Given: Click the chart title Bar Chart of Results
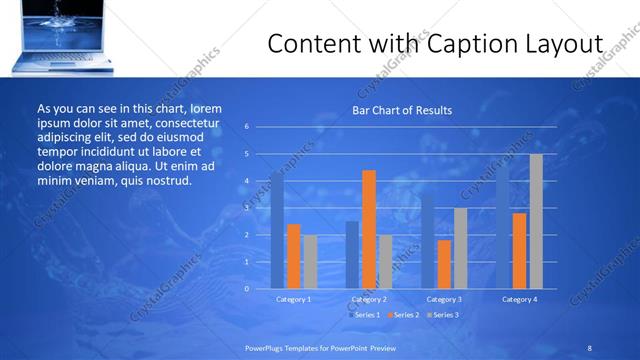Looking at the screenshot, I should coord(401,110).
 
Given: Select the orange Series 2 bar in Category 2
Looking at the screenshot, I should coord(369,229).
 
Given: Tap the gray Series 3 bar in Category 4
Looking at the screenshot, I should coord(536,221).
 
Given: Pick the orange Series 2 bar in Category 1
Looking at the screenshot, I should coord(293,256).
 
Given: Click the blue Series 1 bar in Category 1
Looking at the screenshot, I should coord(277,230).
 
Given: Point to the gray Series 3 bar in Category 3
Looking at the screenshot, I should coord(460,248).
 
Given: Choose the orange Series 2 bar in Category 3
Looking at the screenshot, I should coord(444,264).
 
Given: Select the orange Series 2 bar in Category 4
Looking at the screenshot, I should coord(519,250).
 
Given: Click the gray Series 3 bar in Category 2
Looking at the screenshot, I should coord(385,261).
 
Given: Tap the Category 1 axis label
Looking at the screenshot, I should coord(293,299).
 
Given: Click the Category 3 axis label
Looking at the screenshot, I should coord(444,299).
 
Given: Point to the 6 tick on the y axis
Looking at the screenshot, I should coord(247,127).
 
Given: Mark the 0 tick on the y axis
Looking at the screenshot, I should coord(247,288).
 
